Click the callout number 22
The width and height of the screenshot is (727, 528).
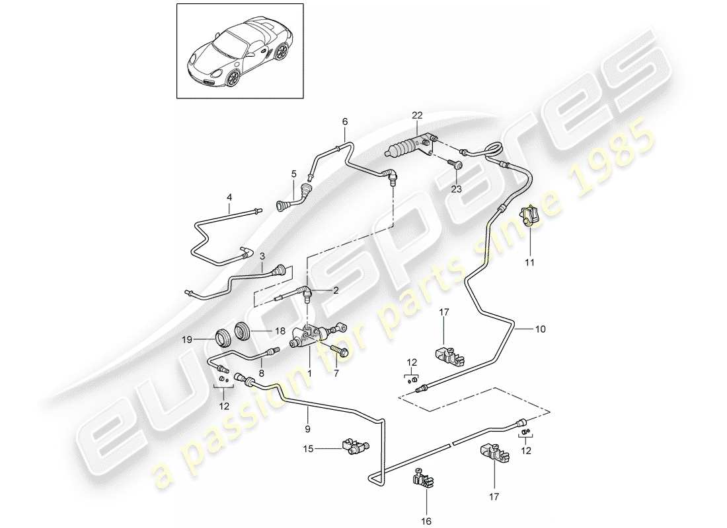click(x=417, y=115)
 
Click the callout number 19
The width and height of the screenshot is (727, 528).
click(x=187, y=340)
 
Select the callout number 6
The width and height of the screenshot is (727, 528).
click(x=344, y=121)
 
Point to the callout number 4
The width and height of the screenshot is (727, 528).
click(x=229, y=197)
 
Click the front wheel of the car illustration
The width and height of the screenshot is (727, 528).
click(x=233, y=80)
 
